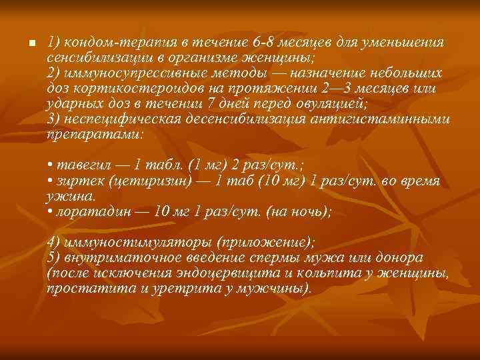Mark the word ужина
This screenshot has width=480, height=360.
[71, 197]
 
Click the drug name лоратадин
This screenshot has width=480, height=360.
[93, 211]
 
